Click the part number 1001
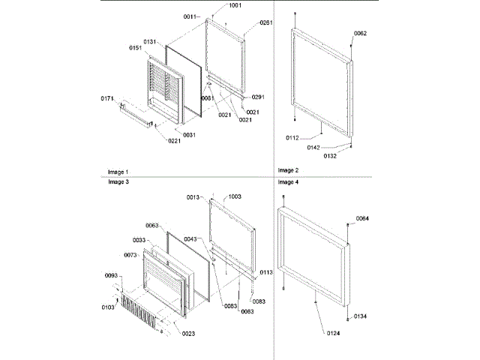tap(235, 6)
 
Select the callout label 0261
tap(265, 23)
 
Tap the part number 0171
tap(108, 97)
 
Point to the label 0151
tap(135, 48)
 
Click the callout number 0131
tap(151, 42)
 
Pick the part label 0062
tap(360, 34)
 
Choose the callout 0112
tap(292, 138)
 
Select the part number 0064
tap(362, 218)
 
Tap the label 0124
tap(334, 332)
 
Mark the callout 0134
tap(361, 317)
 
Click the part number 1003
tap(235, 196)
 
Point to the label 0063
tap(152, 226)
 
